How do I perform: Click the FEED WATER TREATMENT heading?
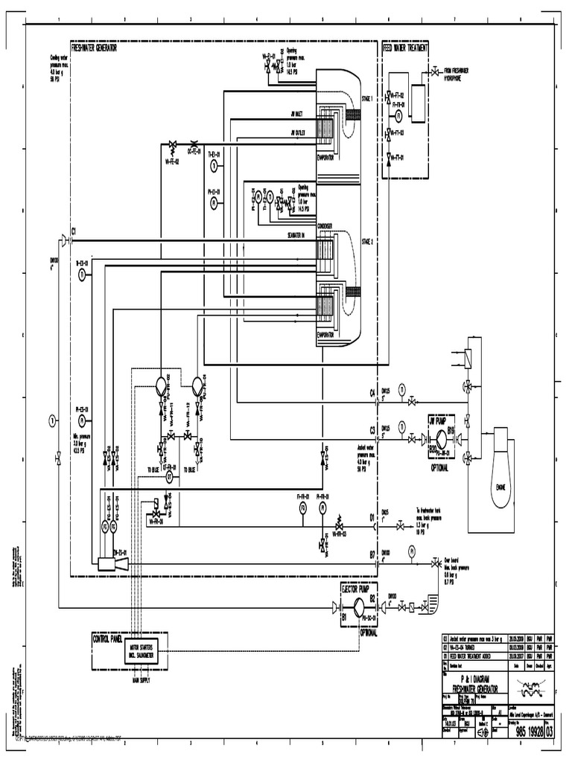click(405, 48)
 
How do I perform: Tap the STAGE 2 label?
click(366, 242)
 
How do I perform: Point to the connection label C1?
click(74, 231)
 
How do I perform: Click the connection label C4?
click(372, 392)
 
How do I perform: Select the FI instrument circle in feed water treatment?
click(398, 116)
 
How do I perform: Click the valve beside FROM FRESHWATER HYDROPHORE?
click(433, 73)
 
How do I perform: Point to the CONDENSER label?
click(325, 225)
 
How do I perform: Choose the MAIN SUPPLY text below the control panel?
click(141, 680)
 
